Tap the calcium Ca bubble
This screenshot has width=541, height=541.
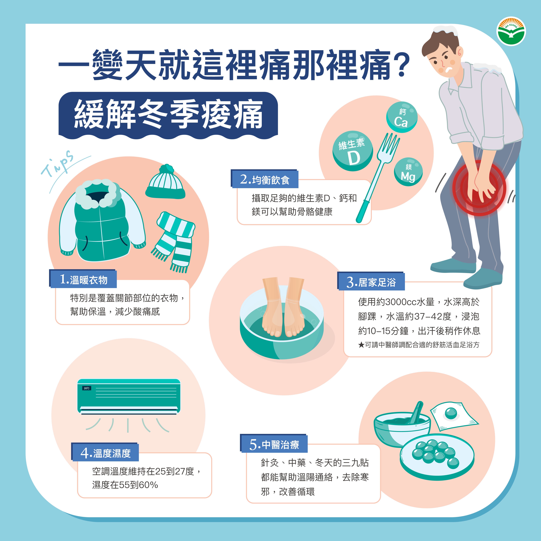tap(402, 117)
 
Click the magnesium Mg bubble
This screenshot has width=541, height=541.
tap(408, 172)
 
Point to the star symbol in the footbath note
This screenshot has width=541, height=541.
tap(361, 345)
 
